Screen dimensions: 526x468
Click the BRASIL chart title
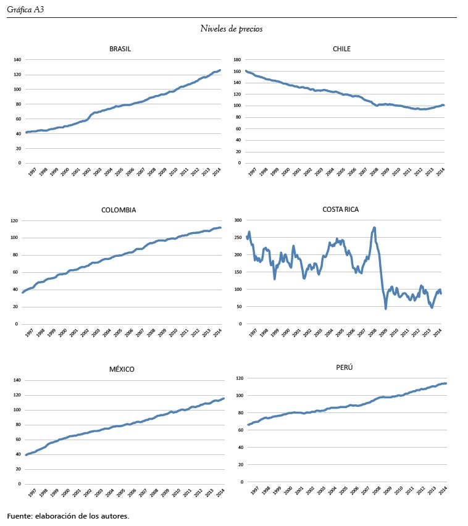pyautogui.click(x=120, y=49)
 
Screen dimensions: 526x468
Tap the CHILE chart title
pyautogui.click(x=341, y=49)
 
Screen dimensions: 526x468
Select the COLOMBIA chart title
pyautogui.click(x=119, y=210)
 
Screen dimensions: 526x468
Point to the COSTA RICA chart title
pyautogui.click(x=340, y=209)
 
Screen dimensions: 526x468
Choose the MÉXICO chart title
pyautogui.click(x=121, y=369)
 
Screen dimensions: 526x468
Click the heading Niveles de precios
pyautogui.click(x=232, y=28)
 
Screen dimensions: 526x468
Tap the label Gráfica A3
pyautogui.click(x=25, y=9)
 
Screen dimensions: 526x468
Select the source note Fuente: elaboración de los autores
pyautogui.click(x=68, y=516)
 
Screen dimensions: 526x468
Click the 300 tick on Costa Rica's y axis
pyautogui.click(x=236, y=220)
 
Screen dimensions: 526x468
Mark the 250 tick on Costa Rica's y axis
pyautogui.click(x=236, y=237)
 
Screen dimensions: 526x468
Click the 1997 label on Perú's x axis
pyautogui.click(x=253, y=491)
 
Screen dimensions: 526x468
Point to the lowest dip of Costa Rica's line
pyautogui.click(x=386, y=308)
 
